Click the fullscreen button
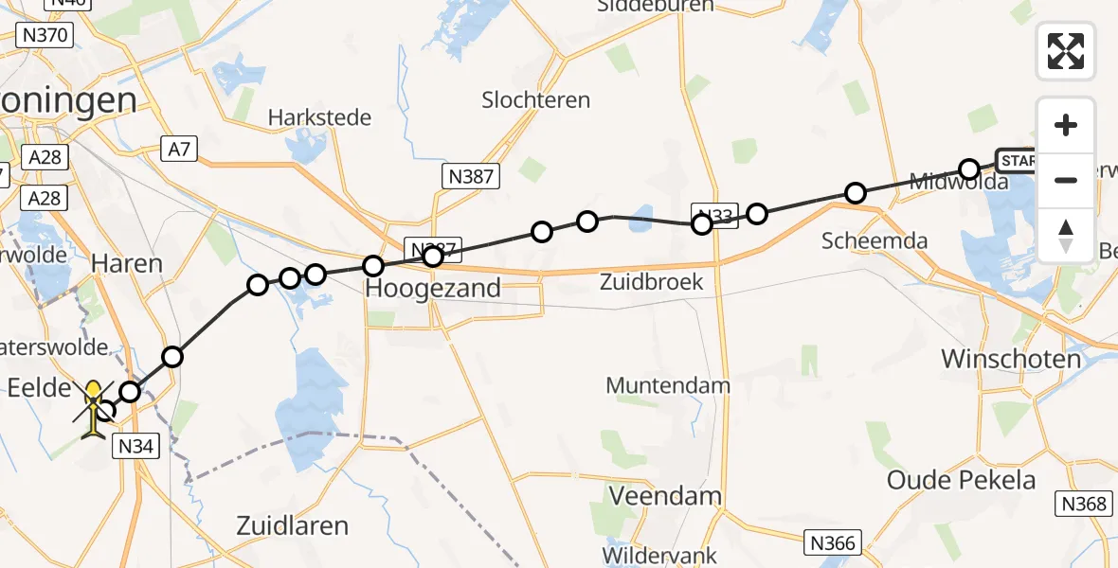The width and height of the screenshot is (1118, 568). click(x=1066, y=51)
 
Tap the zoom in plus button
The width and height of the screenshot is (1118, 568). click(x=1066, y=125)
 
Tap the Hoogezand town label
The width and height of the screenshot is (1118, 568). click(x=433, y=289)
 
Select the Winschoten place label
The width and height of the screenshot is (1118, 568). click(x=1011, y=359)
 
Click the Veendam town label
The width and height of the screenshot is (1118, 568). click(x=665, y=496)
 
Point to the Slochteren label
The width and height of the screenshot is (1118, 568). click(x=535, y=99)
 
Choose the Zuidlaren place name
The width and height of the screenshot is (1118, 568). click(x=293, y=525)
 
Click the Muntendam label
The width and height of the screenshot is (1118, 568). click(x=668, y=385)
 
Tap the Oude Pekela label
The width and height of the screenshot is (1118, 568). click(x=961, y=479)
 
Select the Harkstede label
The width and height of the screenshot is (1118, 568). click(x=319, y=118)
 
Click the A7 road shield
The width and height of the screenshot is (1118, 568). click(x=180, y=149)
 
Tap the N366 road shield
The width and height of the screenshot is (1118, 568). click(x=834, y=542)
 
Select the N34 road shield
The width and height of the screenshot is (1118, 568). click(x=135, y=445)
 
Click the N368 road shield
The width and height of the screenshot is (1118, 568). click(x=1084, y=504)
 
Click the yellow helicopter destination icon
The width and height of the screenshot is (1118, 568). click(x=94, y=410)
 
